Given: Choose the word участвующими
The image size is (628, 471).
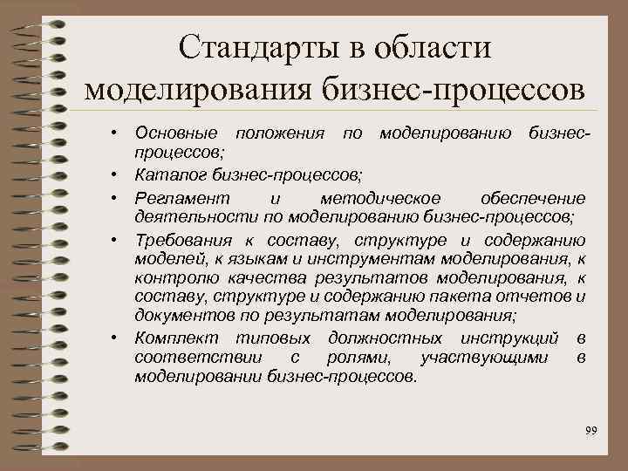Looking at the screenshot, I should coord(484,358).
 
